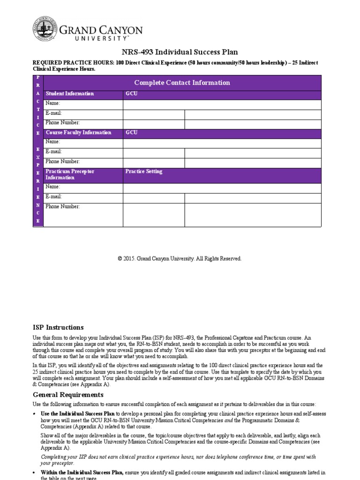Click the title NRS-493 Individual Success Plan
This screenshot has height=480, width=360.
(x=180, y=52)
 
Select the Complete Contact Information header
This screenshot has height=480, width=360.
(x=182, y=82)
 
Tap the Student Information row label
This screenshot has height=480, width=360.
(x=70, y=94)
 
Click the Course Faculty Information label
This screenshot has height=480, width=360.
(x=79, y=133)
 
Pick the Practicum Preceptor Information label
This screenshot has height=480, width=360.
(x=70, y=174)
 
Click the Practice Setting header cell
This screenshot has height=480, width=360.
(x=144, y=172)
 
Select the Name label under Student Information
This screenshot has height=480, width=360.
(x=53, y=103)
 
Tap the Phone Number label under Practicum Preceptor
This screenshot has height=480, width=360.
(x=63, y=207)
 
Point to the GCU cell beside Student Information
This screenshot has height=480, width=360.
(x=132, y=94)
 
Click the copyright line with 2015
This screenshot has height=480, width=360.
(x=180, y=259)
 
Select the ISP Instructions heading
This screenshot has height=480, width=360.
(x=58, y=328)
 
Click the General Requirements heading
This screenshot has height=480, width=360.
(x=68, y=395)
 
